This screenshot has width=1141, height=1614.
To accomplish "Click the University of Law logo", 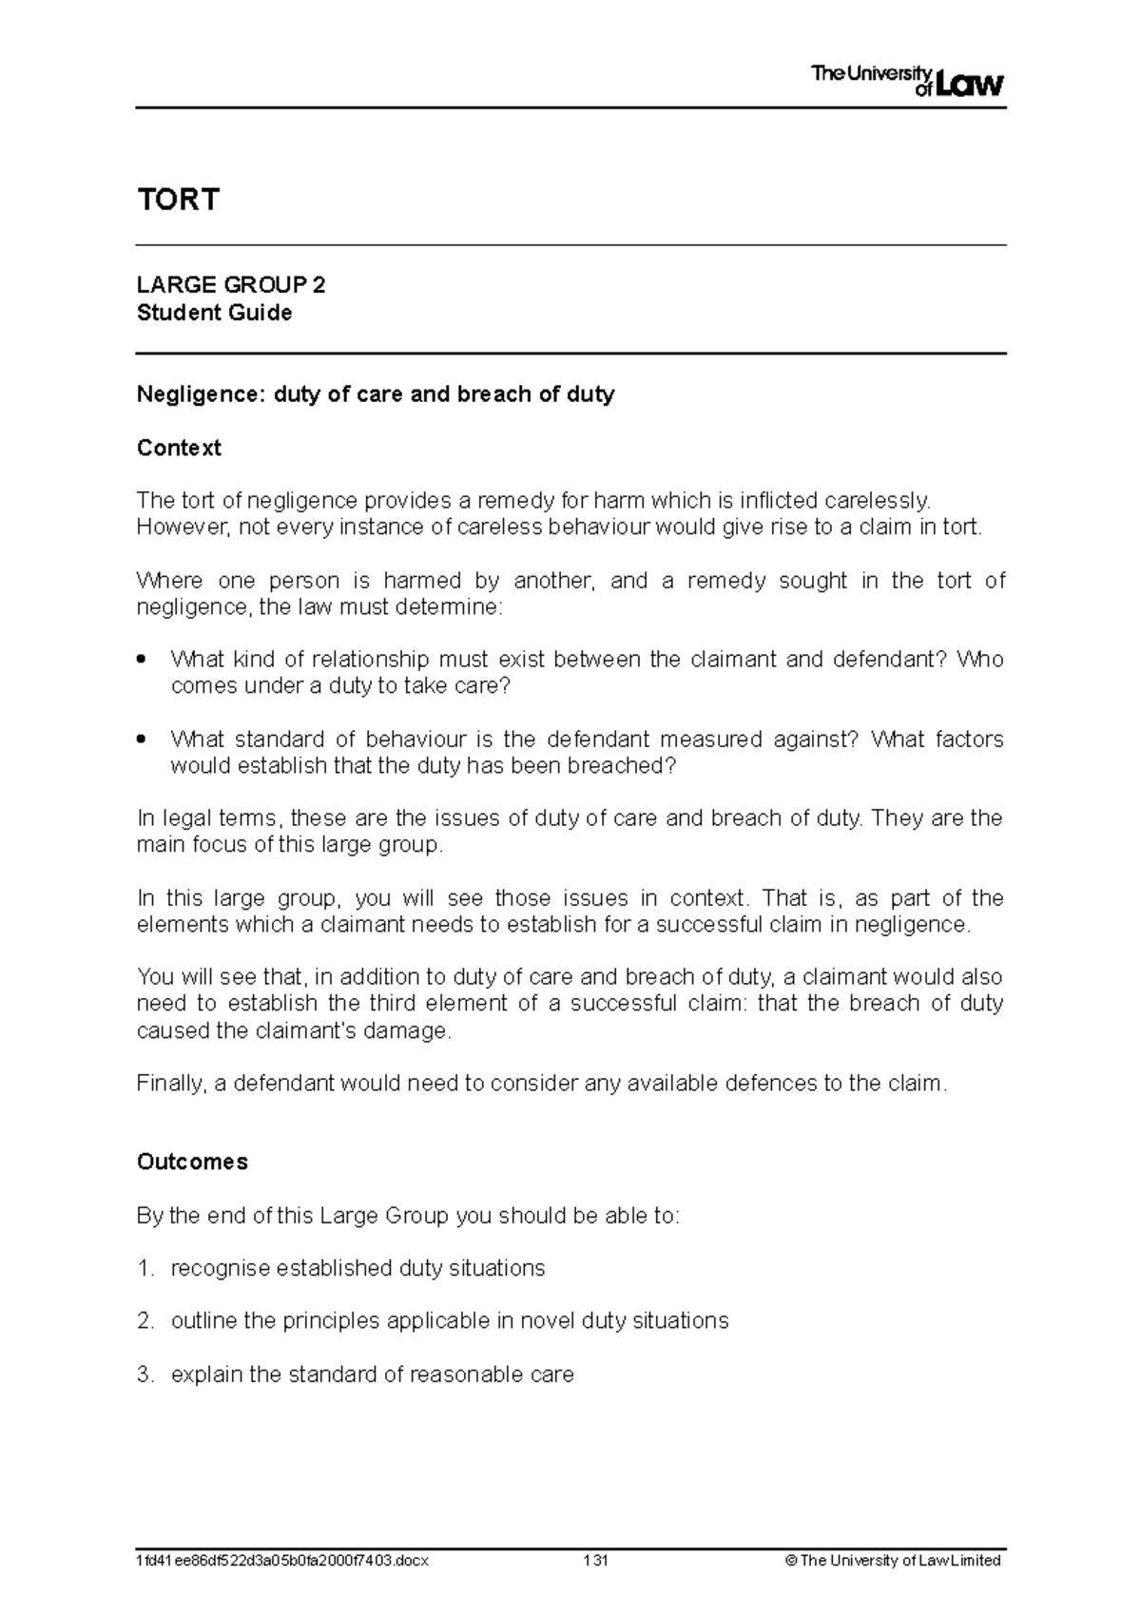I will (x=907, y=81).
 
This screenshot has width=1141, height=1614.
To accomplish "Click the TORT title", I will (x=179, y=200).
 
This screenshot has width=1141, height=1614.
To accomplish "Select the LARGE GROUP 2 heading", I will (x=231, y=285).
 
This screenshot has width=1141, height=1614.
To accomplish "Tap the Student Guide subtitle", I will (x=214, y=313).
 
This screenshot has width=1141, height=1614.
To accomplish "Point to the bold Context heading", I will (x=179, y=448).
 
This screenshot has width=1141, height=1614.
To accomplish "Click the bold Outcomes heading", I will (x=192, y=1162).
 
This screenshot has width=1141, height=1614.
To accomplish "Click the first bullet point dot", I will (x=142, y=659).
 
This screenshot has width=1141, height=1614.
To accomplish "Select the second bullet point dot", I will (x=142, y=739).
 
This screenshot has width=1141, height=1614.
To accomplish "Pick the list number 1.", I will (x=144, y=1268).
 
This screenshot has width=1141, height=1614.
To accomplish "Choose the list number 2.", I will (x=144, y=1320).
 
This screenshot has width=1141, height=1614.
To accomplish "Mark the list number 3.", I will (x=144, y=1374).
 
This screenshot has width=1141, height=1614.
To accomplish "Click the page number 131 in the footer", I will (x=597, y=1560).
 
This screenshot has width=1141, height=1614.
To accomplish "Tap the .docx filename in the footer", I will (x=282, y=1560).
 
